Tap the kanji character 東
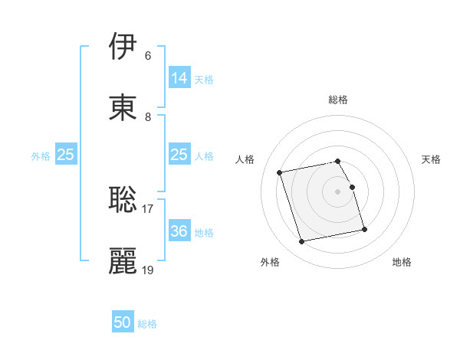(x=123, y=106)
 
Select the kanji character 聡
(x=123, y=200)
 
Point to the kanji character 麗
(x=123, y=260)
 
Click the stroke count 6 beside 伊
(x=147, y=56)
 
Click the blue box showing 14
(x=179, y=78)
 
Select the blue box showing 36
(x=179, y=231)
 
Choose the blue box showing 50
(x=123, y=322)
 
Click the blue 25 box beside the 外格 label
(x=66, y=155)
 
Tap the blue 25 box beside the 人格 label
(x=179, y=155)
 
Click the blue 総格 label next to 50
(x=147, y=324)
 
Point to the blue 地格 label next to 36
(x=204, y=233)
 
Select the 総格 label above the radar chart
(x=338, y=100)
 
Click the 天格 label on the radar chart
(x=432, y=159)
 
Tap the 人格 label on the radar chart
(x=245, y=159)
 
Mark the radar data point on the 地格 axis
(x=364, y=229)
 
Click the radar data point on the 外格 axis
(x=302, y=242)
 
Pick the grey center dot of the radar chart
(x=338, y=191)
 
